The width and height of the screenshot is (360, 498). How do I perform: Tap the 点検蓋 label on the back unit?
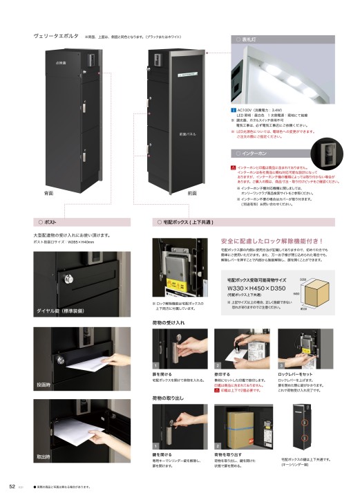click(60, 63)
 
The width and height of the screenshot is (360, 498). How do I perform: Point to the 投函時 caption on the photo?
click(45, 384)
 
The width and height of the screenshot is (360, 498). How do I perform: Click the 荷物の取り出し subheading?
click(169, 399)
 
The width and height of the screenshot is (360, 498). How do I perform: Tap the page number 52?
click(12, 486)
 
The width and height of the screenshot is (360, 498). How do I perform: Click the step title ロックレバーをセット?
click(299, 373)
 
